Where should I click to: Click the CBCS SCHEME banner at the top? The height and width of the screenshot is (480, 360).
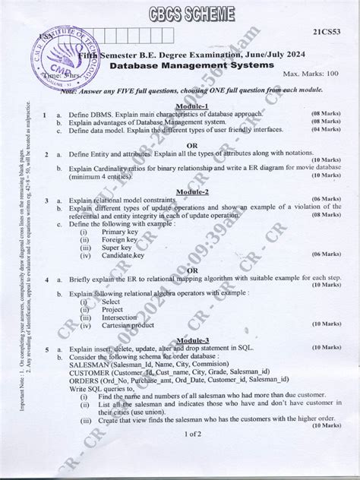pos(181,12)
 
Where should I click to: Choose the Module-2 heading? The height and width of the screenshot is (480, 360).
pos(192,192)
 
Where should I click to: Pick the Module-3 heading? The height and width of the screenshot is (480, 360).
pos(192,339)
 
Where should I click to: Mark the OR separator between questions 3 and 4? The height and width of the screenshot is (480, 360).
pos(192,270)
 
